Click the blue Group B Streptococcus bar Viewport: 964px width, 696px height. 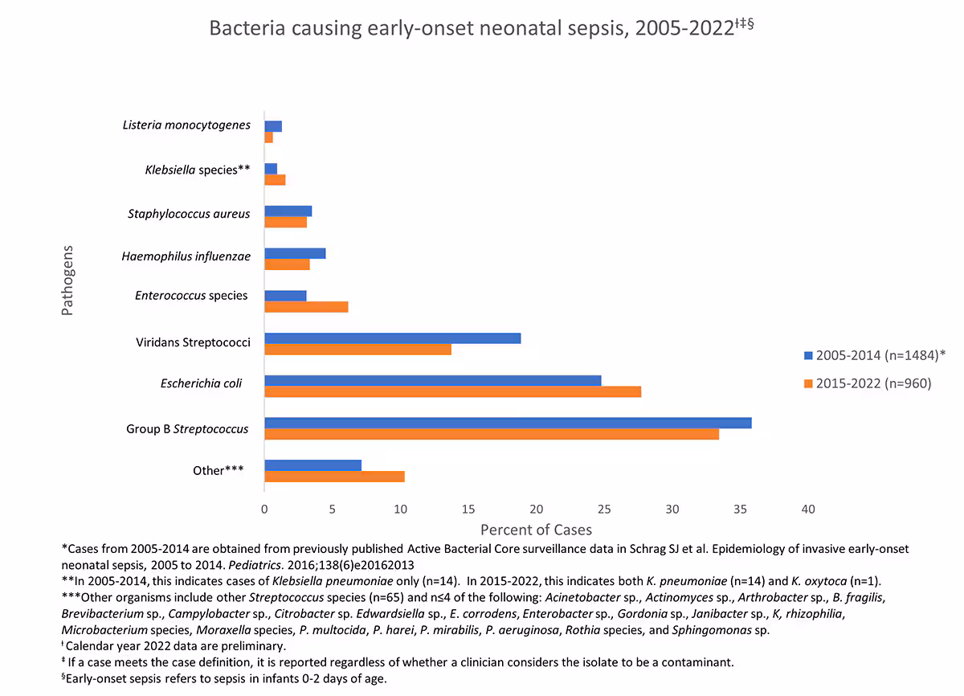point(508,423)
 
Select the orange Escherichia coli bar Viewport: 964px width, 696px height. point(452,391)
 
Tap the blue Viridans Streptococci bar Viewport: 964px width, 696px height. point(392,338)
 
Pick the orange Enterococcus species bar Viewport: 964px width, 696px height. point(306,306)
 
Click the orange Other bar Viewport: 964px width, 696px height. point(334,477)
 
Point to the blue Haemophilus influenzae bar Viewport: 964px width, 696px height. point(295,253)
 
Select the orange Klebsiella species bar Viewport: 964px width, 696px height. point(275,180)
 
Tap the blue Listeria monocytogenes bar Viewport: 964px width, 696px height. point(273,126)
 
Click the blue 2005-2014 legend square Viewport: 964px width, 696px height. point(808,355)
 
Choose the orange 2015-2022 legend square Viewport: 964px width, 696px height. point(808,384)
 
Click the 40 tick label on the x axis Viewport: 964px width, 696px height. point(808,509)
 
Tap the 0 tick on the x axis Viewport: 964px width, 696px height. point(264,509)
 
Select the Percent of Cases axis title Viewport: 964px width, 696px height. point(536,530)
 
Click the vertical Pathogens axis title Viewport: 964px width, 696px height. point(67,280)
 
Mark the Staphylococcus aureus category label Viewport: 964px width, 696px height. point(189,214)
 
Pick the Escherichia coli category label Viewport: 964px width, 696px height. point(201,383)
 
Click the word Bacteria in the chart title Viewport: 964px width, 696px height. point(243,28)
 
